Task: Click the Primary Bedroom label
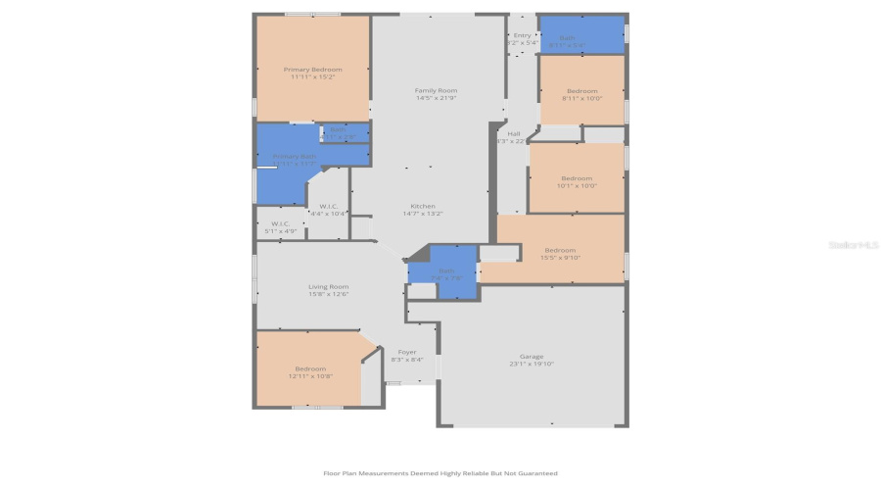point(313,70)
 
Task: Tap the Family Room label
point(436,90)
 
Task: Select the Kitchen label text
point(423,206)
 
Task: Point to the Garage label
point(532,356)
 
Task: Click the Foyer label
point(407,352)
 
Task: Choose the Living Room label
point(328,286)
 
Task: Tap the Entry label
point(522,35)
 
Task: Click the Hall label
point(514,133)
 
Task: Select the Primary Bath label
point(294,156)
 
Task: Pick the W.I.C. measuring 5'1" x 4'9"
point(280,223)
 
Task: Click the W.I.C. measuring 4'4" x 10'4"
point(328,206)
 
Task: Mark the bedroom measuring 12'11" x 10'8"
point(310,368)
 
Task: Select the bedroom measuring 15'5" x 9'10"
point(561,250)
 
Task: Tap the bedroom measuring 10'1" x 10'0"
point(576,178)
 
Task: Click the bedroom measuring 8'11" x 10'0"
point(581,91)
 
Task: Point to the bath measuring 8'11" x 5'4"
point(567,38)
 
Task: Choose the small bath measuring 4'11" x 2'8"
point(336,130)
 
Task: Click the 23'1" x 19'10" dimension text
point(532,364)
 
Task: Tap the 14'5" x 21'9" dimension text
point(436,98)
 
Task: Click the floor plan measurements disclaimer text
point(440,472)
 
